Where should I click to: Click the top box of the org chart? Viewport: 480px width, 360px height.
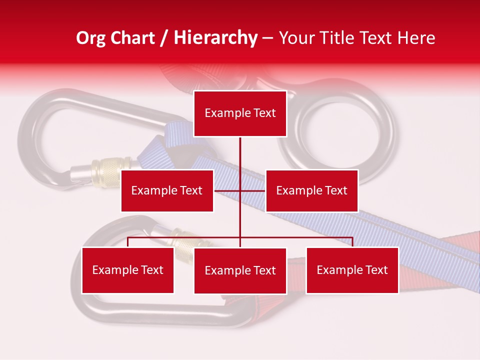click(240, 113)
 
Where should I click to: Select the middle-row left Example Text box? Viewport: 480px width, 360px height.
click(167, 190)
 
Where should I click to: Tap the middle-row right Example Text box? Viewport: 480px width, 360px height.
click(311, 190)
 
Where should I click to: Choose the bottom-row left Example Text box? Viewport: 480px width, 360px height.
click(127, 270)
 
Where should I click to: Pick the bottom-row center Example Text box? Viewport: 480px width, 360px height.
click(240, 271)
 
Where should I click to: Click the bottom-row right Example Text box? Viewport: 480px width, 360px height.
click(352, 270)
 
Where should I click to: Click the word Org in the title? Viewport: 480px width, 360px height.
click(90, 38)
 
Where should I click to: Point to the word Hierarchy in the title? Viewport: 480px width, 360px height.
click(215, 38)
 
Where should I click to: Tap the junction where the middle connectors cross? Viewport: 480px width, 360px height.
click(240, 190)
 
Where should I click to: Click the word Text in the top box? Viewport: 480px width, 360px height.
click(264, 113)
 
